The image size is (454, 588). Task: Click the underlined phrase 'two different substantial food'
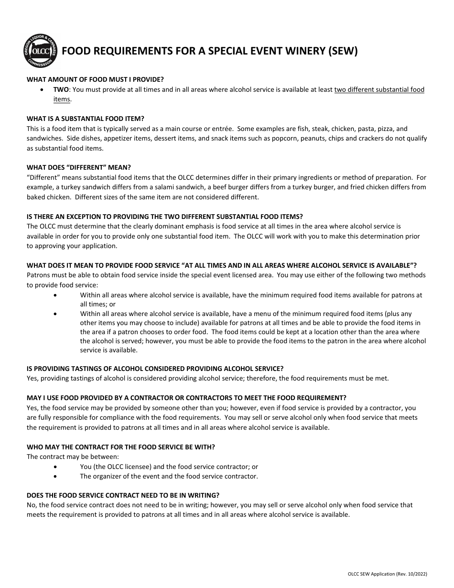[x=379, y=89]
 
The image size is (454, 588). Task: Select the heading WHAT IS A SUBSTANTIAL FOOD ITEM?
[x=86, y=119]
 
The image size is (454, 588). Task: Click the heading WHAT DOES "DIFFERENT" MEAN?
[x=78, y=167]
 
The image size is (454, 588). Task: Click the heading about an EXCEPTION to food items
[x=164, y=216]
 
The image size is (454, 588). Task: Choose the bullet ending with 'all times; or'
[x=251, y=299]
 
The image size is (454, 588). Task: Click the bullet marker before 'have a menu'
[x=56, y=314]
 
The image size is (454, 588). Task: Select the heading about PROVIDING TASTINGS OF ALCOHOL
[x=155, y=369]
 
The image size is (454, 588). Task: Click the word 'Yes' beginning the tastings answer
[x=32, y=378]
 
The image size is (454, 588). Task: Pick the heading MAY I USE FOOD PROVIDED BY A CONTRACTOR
[x=186, y=398]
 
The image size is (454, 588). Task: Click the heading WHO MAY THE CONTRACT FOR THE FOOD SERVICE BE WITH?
[x=121, y=447]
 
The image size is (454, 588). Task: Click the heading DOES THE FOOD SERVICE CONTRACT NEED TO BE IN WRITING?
[x=123, y=495]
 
